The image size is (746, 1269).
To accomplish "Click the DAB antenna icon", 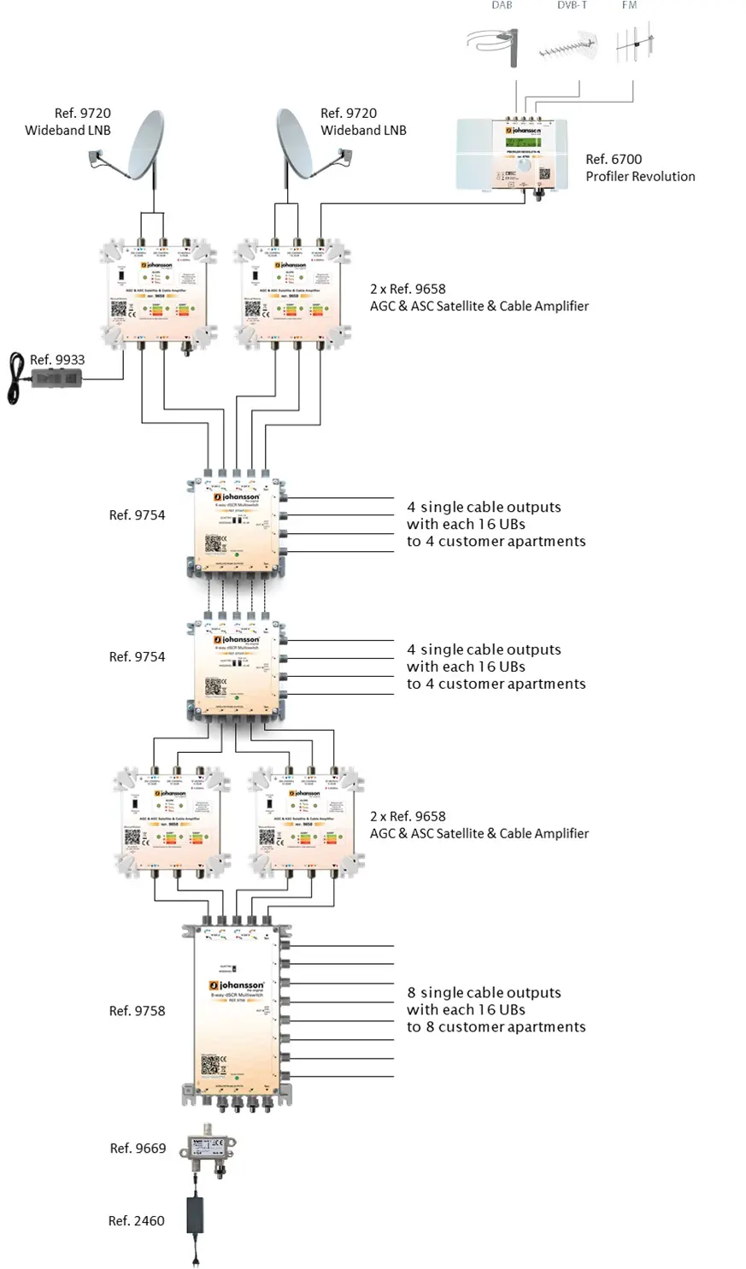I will click(x=499, y=45).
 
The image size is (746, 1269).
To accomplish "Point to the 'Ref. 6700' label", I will click(x=614, y=159).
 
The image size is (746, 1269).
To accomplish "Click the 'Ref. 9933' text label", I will click(x=57, y=360).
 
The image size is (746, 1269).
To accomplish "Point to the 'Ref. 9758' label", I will click(x=137, y=1011).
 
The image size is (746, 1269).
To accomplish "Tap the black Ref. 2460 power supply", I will click(x=198, y=1214).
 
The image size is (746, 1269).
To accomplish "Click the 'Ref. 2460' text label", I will click(x=136, y=1221).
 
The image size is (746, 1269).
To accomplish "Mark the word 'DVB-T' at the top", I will click(x=572, y=5).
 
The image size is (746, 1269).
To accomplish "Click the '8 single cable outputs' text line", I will click(x=484, y=993).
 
